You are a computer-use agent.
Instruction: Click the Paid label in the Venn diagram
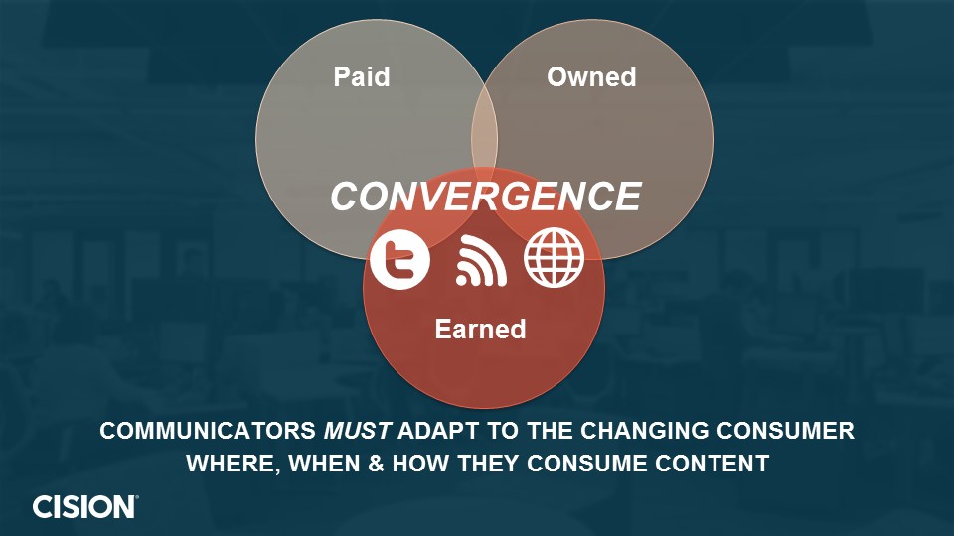tap(362, 77)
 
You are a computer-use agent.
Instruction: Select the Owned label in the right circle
tap(591, 77)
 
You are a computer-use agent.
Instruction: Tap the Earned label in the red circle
tap(480, 330)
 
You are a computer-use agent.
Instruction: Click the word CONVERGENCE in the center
tap(486, 197)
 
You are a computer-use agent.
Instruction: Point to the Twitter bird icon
tap(399, 259)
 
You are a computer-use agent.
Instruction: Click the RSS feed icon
tap(481, 260)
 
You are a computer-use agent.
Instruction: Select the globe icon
tap(554, 258)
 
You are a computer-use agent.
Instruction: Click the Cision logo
tap(85, 507)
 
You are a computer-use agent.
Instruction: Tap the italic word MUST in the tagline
tap(357, 431)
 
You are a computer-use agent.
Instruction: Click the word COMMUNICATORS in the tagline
tap(208, 431)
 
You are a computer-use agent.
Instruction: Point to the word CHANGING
tap(644, 431)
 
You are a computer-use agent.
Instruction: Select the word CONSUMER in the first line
tap(785, 431)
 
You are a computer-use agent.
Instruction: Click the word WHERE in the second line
tap(234, 464)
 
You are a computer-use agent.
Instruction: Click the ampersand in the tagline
tap(377, 464)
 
